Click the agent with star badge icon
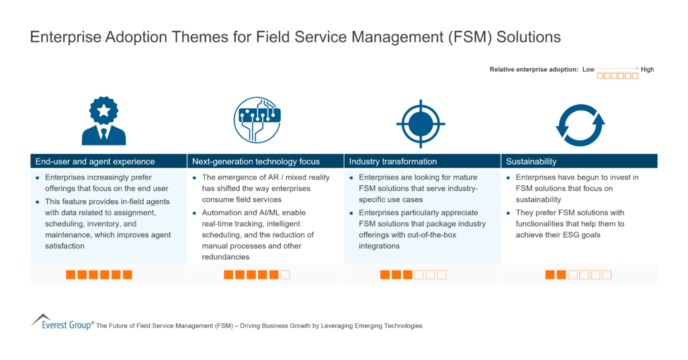pyautogui.click(x=103, y=121)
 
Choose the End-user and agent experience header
pyautogui.click(x=95, y=161)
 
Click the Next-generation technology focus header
pyautogui.click(x=256, y=161)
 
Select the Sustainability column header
pyautogui.click(x=531, y=161)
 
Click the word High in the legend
pyautogui.click(x=647, y=69)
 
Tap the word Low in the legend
pyautogui.click(x=589, y=69)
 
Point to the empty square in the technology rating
pyautogui.click(x=286, y=275)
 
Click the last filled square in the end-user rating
pyautogui.click(x=128, y=275)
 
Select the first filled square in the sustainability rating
pyautogui.click(x=550, y=275)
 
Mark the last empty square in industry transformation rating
pyautogui.click(x=441, y=275)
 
